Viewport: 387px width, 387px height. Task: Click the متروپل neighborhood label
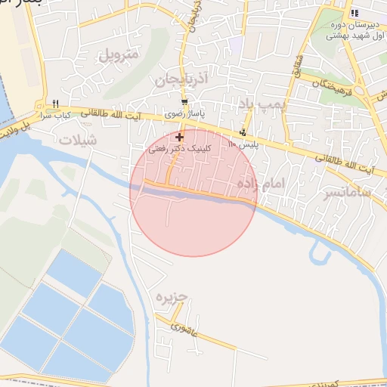pyautogui.click(x=119, y=55)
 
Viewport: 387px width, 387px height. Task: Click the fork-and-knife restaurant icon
pyautogui.click(x=56, y=105)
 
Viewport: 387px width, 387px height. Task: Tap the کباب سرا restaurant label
pyautogui.click(x=54, y=116)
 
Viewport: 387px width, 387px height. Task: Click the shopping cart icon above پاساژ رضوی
pyautogui.click(x=185, y=102)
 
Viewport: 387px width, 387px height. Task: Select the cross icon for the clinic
pyautogui.click(x=179, y=137)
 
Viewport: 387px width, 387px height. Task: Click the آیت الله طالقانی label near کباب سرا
pyautogui.click(x=112, y=113)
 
